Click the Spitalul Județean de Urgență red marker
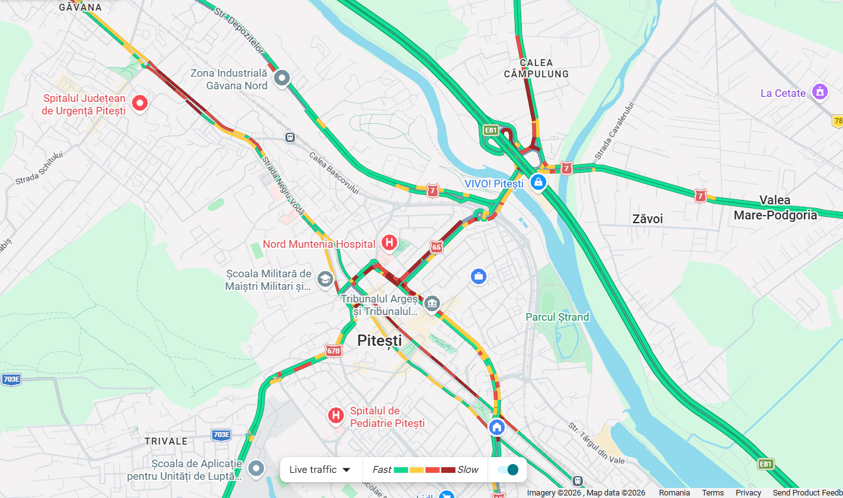click(x=140, y=102)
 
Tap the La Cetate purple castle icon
click(x=819, y=92)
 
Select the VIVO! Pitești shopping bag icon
click(x=537, y=182)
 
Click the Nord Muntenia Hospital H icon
click(x=390, y=242)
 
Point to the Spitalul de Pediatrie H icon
click(x=336, y=415)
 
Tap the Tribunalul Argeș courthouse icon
click(x=432, y=304)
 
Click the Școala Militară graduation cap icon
click(x=325, y=279)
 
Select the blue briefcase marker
click(x=478, y=276)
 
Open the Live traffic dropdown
click(x=320, y=470)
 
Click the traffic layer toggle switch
click(x=507, y=470)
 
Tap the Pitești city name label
click(x=379, y=341)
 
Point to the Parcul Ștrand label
click(x=557, y=317)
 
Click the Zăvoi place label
click(x=647, y=219)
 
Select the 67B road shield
click(x=333, y=351)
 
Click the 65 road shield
click(x=436, y=247)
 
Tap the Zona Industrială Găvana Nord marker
click(x=282, y=78)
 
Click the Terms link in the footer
click(x=712, y=493)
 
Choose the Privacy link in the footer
click(x=748, y=493)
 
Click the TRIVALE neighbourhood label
click(x=167, y=441)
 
